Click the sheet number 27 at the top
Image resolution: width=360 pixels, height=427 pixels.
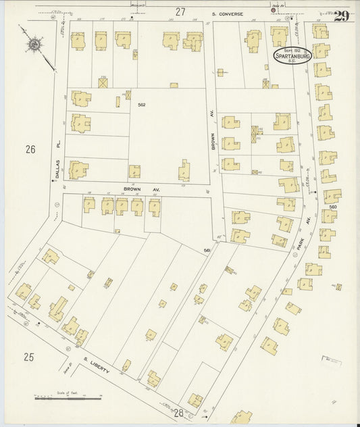[x=180, y=11]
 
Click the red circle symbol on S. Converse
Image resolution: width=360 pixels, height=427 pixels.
[x=274, y=10]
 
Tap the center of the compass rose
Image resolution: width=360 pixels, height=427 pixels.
[x=31, y=46]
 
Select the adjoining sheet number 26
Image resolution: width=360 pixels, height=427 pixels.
[x=30, y=149]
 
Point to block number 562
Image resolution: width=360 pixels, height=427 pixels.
[x=142, y=105]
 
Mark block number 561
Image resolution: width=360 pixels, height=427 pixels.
[x=207, y=251]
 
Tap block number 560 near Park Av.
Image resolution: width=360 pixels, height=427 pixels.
[x=332, y=207]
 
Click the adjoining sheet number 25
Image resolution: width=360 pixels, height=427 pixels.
[x=28, y=355]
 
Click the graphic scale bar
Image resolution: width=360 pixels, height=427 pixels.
[x=66, y=399]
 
